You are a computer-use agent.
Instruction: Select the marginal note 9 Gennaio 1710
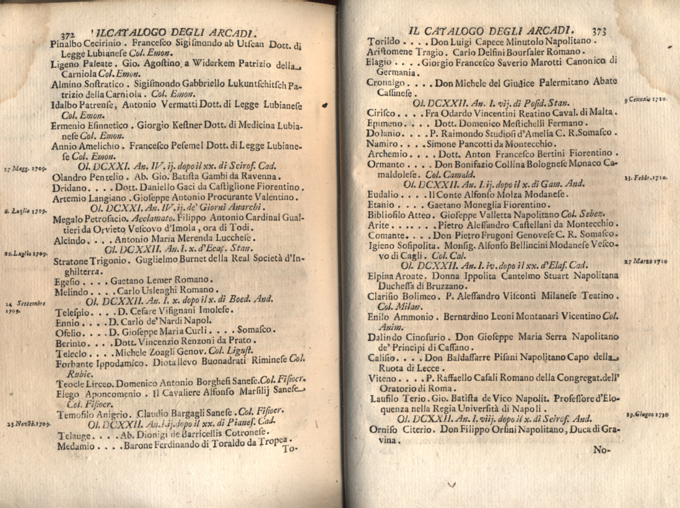point(645,100)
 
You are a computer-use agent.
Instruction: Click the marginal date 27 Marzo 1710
point(645,261)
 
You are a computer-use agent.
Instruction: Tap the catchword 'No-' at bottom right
point(601,450)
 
